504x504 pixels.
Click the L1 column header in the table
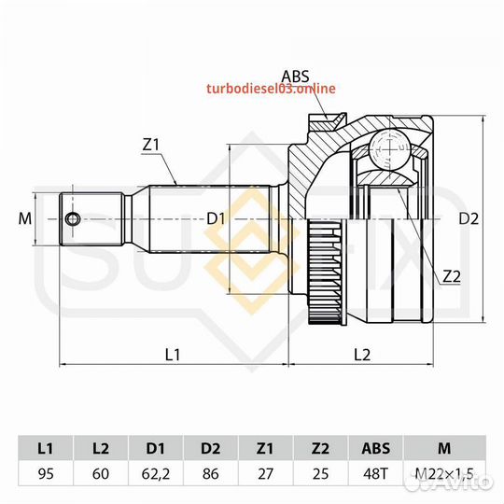coord(46,448)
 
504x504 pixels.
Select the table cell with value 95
coord(46,473)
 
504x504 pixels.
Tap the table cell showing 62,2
coord(156,473)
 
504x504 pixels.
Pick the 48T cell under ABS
coord(375,473)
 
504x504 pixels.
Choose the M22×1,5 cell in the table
coord(444,473)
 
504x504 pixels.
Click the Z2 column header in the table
coord(320,448)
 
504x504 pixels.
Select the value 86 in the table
coord(211,473)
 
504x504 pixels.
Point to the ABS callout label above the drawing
coord(295,77)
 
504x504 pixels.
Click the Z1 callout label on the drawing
coord(151,145)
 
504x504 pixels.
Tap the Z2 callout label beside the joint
coord(452,276)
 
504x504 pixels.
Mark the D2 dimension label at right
coord(469,219)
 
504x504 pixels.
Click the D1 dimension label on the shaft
coord(216,219)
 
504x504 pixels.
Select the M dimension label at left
coord(25,219)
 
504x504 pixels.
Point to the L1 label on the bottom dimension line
coord(173,355)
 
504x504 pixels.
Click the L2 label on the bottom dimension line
coord(362,355)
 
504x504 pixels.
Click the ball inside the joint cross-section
coord(389,148)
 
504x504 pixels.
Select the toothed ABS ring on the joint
coord(326,272)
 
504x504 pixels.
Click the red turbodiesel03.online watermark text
coord(271,89)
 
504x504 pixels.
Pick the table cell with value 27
coord(265,473)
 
